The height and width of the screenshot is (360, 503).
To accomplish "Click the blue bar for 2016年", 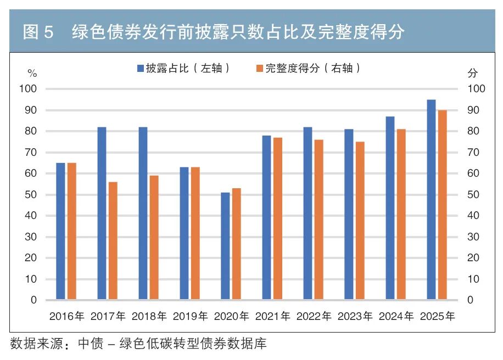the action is click(x=60, y=231).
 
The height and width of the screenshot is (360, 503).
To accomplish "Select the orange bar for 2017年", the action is click(x=113, y=241).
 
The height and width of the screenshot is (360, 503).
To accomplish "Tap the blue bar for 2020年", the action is click(x=226, y=246).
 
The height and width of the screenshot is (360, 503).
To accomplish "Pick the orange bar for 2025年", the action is click(x=443, y=205).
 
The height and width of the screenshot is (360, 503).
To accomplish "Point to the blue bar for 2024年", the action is click(x=390, y=208).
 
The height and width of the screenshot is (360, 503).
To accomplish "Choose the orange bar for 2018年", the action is click(x=154, y=238).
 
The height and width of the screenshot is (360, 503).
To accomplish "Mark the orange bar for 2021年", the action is click(x=278, y=218).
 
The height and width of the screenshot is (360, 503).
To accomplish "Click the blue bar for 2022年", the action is click(x=308, y=213).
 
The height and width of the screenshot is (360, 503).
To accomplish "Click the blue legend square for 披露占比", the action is click(x=140, y=68).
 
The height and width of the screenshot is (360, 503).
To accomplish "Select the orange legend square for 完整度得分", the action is click(x=260, y=68).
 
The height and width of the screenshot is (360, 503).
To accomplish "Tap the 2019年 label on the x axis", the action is click(x=190, y=317).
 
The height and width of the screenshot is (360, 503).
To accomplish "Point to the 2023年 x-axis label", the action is click(x=355, y=317).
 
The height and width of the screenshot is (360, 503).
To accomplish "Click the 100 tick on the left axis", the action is click(x=28, y=89).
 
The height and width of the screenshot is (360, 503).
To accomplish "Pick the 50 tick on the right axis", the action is click(x=473, y=195).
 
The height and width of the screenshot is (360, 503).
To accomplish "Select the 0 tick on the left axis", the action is click(x=33, y=300).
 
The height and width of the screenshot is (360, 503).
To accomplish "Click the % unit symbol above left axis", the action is click(x=32, y=74).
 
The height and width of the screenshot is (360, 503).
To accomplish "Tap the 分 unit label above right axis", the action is click(x=472, y=73).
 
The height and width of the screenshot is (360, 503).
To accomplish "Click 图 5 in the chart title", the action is click(x=38, y=32).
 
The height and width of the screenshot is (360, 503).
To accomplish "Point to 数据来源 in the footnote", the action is click(x=37, y=344).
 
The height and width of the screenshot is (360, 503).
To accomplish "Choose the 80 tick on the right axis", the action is click(x=473, y=131).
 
